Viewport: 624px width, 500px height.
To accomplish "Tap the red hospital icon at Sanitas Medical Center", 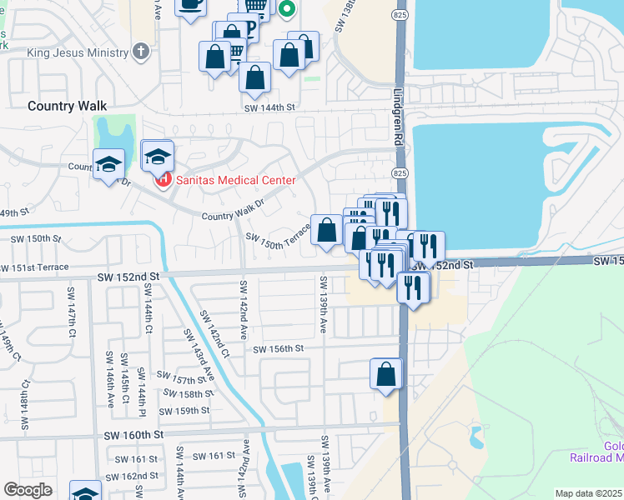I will tap(164, 179).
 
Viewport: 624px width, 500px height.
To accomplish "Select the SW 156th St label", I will tap(278, 349).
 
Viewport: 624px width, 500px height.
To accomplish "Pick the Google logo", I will tap(28, 490).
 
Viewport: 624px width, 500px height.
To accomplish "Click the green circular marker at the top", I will tap(286, 10).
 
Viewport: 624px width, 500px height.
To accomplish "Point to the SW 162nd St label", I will tap(137, 476).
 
